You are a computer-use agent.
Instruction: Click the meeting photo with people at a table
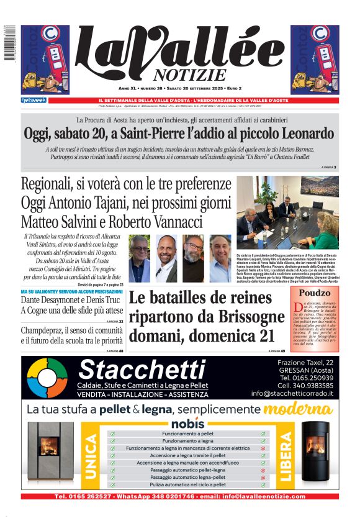287,214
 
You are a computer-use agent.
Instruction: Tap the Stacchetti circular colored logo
47,378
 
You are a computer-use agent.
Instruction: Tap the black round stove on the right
315,457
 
